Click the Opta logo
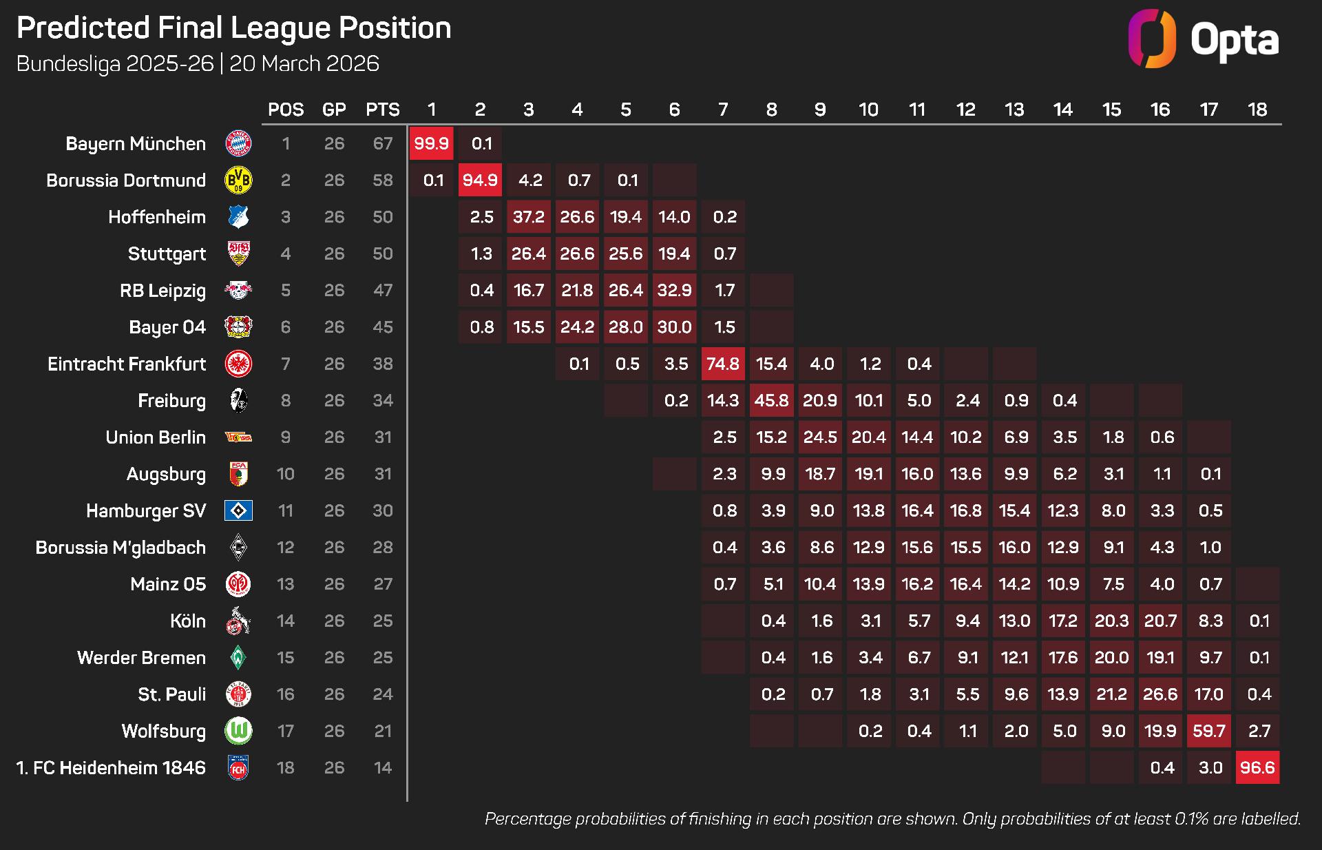(1203, 39)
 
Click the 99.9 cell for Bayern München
(431, 143)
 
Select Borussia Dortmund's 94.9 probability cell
(480, 180)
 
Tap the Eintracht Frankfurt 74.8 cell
(723, 364)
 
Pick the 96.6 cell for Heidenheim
(1257, 767)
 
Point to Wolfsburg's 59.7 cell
(1209, 731)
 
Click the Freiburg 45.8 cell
(771, 400)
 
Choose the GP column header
(334, 110)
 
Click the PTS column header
(382, 110)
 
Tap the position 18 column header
(1257, 110)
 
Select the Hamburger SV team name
(146, 510)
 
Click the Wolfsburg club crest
(238, 731)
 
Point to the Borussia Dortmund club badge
(238, 180)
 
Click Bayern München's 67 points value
(383, 143)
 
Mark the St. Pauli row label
(171, 694)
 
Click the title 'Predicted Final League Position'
(234, 28)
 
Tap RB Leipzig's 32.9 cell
(674, 290)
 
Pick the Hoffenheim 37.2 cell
(529, 217)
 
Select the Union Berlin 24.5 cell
(820, 437)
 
